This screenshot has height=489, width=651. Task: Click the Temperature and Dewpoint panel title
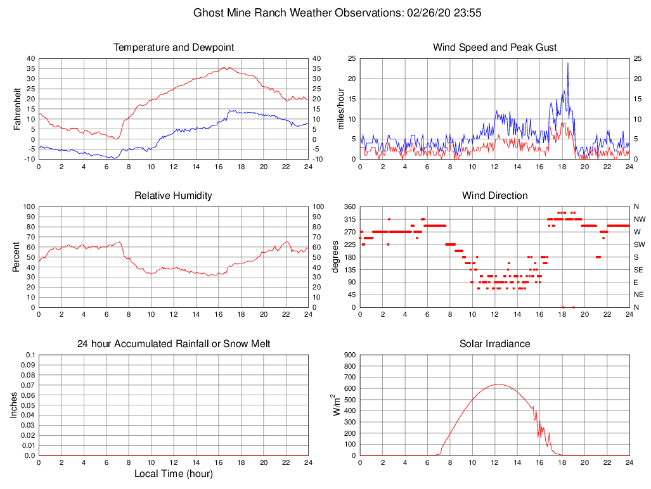tap(174, 48)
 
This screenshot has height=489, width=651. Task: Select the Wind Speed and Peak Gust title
tap(494, 48)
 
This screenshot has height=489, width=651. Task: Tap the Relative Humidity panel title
tap(174, 196)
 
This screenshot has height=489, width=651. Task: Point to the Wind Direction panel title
tap(494, 196)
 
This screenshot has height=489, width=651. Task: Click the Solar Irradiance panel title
tap(494, 344)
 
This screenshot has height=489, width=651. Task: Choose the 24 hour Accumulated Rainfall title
tap(174, 344)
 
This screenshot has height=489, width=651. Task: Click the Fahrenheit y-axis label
tap(18, 109)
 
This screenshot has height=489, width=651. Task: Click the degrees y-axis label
tap(335, 257)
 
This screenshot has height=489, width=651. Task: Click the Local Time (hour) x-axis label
tap(174, 474)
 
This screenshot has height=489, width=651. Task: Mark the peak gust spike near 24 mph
tap(567, 63)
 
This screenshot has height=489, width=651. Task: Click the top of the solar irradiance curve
tap(498, 384)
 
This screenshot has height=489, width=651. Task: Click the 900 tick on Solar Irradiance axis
tap(348, 355)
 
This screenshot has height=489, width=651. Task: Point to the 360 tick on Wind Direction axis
tap(348, 207)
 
